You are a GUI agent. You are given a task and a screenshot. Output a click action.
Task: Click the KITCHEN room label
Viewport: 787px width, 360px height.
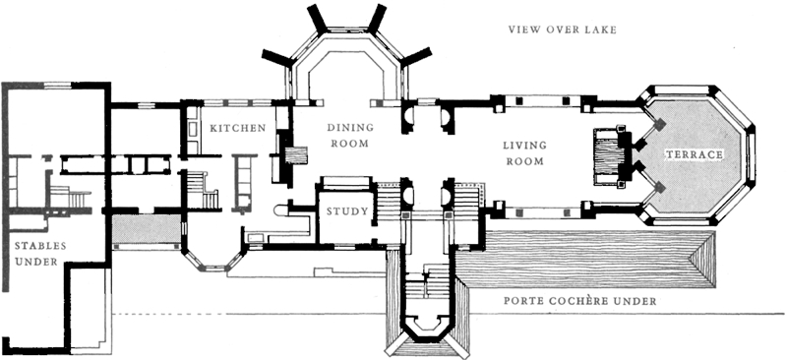(237, 128)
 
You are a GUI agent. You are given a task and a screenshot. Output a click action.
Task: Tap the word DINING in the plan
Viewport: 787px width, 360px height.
(351, 128)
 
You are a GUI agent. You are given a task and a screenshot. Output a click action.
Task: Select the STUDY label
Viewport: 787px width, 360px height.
(347, 211)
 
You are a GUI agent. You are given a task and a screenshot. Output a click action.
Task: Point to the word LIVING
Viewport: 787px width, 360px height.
(524, 146)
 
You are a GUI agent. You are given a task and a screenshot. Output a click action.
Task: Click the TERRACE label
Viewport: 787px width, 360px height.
(695, 155)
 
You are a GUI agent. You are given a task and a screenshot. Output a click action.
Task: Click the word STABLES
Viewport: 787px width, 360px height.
(40, 246)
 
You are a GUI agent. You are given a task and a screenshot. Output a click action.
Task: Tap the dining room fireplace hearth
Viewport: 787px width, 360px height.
(296, 155)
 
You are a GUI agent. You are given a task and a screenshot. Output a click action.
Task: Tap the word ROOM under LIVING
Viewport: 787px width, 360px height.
(525, 161)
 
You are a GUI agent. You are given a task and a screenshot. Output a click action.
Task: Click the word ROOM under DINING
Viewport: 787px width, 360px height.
(350, 144)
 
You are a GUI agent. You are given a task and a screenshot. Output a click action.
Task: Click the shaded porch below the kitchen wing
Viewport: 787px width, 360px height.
(146, 228)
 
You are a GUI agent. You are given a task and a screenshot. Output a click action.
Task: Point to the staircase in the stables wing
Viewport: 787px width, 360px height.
(70, 197)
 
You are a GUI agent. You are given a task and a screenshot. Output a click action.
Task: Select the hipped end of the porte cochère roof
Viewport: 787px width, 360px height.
(701, 260)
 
